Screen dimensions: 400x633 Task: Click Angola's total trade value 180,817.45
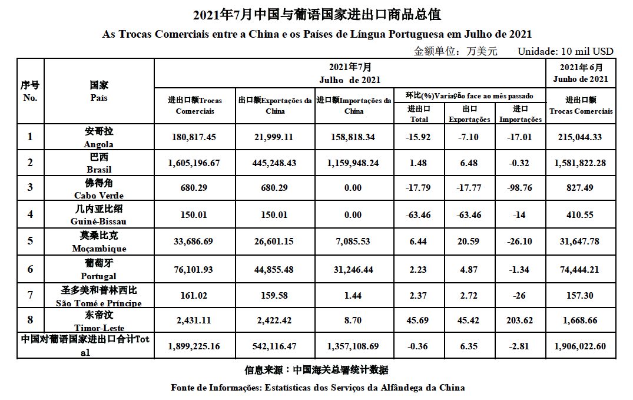click(x=194, y=137)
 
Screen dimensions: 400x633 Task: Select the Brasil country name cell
click(x=99, y=163)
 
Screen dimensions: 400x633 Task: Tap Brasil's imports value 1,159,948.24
click(x=354, y=163)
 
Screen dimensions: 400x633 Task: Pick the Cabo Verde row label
click(x=99, y=188)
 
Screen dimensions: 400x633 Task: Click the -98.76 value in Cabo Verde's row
click(x=520, y=188)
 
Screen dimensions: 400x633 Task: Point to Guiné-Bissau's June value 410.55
click(x=581, y=214)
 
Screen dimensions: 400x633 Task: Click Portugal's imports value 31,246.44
click(x=354, y=269)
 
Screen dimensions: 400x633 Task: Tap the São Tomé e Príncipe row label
click(x=99, y=295)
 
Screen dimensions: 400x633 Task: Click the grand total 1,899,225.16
click(x=194, y=346)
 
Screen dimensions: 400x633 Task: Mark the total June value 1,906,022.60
click(x=581, y=346)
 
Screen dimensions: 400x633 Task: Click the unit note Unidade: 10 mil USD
click(x=565, y=51)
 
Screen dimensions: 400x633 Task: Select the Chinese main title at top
click(x=317, y=14)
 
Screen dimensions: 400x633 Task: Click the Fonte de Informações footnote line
click(x=317, y=388)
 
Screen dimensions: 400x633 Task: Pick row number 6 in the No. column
click(x=30, y=269)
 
